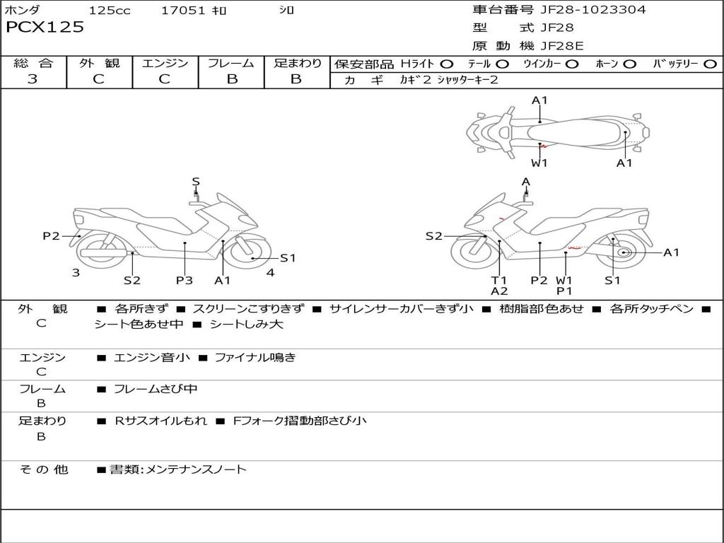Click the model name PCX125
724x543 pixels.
tap(45, 27)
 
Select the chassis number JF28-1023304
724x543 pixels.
tap(593, 9)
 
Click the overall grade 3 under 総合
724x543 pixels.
tap(33, 78)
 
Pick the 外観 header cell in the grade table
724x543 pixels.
tap(99, 63)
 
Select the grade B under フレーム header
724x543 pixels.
tap(232, 79)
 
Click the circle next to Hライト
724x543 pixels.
tap(446, 64)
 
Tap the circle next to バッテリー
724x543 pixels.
tap(710, 64)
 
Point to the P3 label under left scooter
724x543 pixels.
tap(185, 280)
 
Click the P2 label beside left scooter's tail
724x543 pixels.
tap(51, 236)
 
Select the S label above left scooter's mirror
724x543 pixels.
tap(196, 182)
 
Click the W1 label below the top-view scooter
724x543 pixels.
tap(539, 163)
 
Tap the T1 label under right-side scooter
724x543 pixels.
tap(499, 280)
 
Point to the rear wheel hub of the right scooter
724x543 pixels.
tap(624, 252)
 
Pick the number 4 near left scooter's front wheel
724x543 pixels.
tap(271, 272)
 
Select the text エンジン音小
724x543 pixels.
tap(152, 357)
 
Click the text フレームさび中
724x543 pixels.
tap(156, 389)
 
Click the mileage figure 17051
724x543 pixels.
tap(183, 10)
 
